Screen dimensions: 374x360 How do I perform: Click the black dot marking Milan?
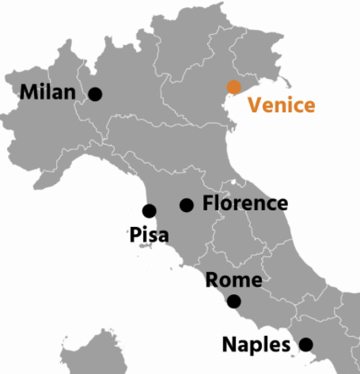[96, 94]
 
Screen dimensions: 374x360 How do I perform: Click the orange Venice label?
[282, 105]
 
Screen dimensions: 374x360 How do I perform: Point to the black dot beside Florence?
[187, 206]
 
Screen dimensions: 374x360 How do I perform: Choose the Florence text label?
[245, 203]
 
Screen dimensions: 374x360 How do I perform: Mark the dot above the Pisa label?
[149, 210]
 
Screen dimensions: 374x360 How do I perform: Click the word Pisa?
[147, 235]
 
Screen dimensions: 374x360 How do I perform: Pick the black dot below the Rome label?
[233, 301]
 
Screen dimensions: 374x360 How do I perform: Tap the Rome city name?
[233, 281]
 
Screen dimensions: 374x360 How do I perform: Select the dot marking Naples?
[305, 344]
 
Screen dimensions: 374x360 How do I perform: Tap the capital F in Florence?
[208, 203]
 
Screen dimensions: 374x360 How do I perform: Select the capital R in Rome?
[212, 281]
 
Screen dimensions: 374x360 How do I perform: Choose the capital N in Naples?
[229, 345]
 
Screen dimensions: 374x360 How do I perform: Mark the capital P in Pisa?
[134, 235]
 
